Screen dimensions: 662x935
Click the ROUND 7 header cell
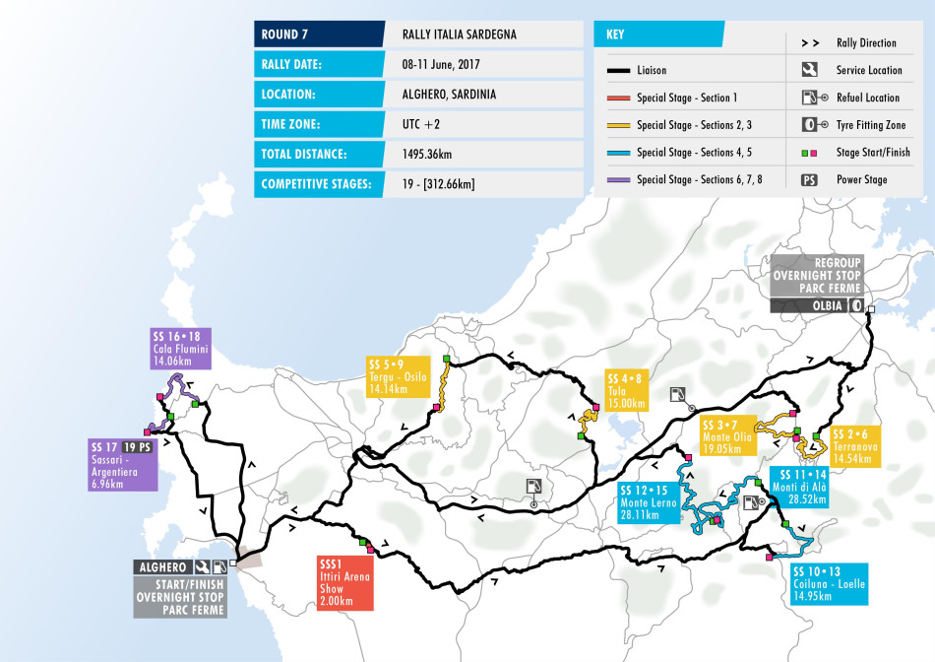(x=318, y=34)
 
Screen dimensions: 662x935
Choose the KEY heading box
(x=657, y=34)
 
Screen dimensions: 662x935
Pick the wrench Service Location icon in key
(x=809, y=70)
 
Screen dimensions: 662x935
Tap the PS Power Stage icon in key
(x=809, y=179)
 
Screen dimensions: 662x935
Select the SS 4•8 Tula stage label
(x=626, y=391)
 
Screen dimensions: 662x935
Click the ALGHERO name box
(x=163, y=566)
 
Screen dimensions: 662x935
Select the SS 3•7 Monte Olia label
(x=732, y=434)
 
